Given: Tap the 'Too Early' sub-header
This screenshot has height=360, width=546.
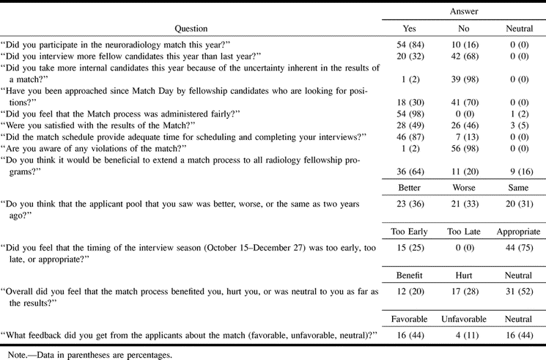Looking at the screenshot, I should pyautogui.click(x=395, y=232).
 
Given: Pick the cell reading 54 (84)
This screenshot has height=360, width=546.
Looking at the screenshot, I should pyautogui.click(x=395, y=44).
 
